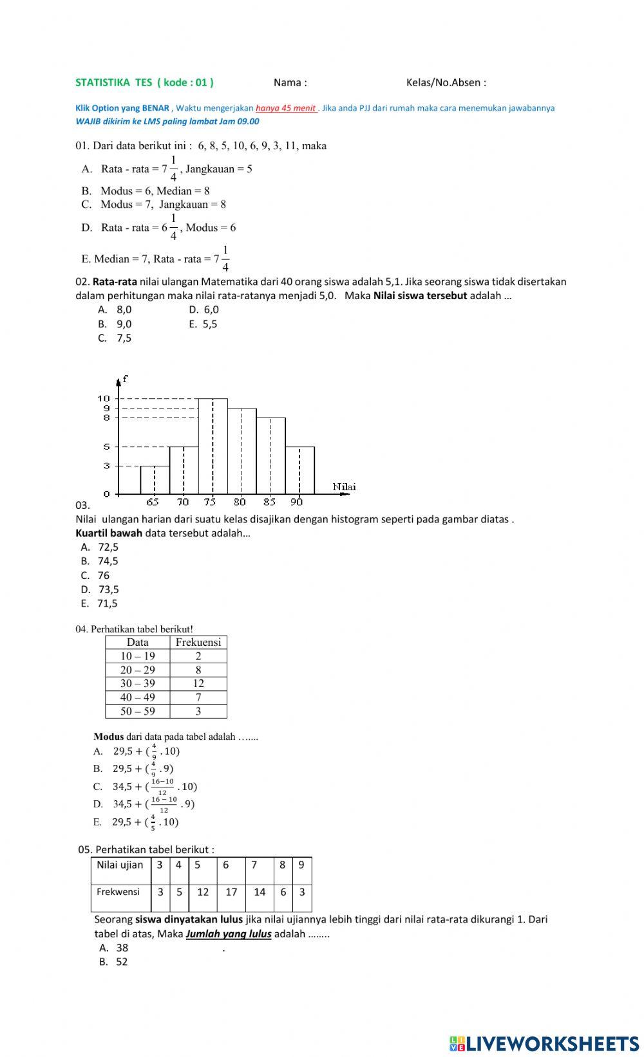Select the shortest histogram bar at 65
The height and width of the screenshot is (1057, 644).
tap(155, 480)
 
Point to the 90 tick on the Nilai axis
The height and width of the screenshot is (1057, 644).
tap(296, 502)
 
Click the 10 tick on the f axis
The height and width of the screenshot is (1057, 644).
tap(104, 399)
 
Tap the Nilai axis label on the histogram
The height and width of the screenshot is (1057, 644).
tap(344, 487)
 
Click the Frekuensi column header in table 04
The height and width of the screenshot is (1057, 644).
tap(198, 642)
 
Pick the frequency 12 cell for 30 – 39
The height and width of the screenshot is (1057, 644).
tap(198, 683)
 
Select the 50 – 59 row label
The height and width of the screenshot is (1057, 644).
tap(137, 711)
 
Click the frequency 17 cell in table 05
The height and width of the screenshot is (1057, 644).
tap(231, 892)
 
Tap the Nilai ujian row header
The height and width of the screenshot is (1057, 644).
tap(120, 865)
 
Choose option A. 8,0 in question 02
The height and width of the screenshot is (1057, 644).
tap(115, 309)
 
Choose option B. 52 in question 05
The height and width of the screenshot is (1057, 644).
tap(114, 962)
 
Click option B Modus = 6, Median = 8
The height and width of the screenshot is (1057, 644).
tap(146, 191)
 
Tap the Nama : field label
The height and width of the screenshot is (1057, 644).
tap(290, 82)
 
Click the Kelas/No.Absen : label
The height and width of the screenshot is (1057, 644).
tap(446, 82)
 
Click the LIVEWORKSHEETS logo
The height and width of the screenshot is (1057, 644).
tap(544, 1043)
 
